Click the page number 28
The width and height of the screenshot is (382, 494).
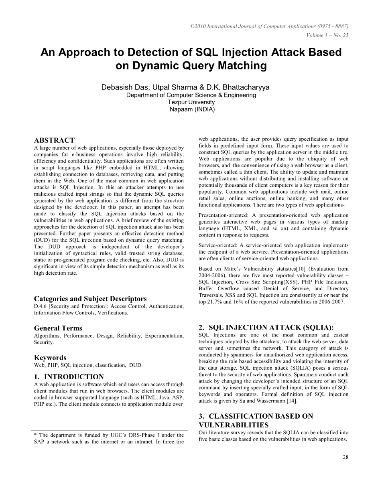pos(345,457)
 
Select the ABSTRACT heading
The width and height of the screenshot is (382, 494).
pos(54,140)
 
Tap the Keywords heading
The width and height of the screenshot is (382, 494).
pos(50,358)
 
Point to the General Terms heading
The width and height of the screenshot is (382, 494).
pos(58,328)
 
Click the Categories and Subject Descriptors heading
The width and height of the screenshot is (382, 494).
pos(90,299)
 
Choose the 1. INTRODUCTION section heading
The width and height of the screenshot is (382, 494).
pos(69,377)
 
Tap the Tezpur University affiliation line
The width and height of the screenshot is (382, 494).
pos(191,102)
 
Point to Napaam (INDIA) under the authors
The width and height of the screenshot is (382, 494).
pos(192,109)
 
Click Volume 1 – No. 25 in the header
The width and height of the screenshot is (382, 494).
pos(327,35)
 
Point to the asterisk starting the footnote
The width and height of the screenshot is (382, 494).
pos(36,435)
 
